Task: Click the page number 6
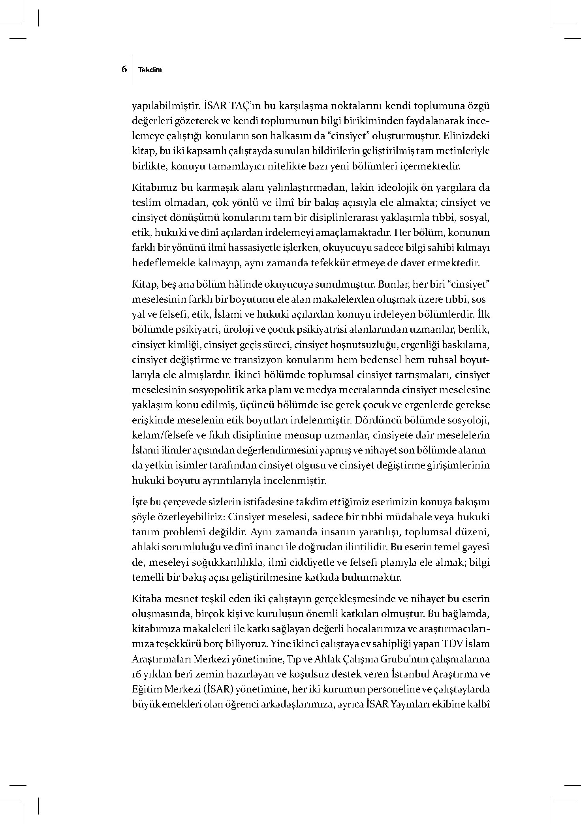pyautogui.click(x=124, y=69)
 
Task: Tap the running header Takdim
pyautogui.click(x=150, y=70)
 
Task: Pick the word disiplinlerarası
pyautogui.click(x=340, y=218)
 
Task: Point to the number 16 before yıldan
pyautogui.click(x=138, y=674)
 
